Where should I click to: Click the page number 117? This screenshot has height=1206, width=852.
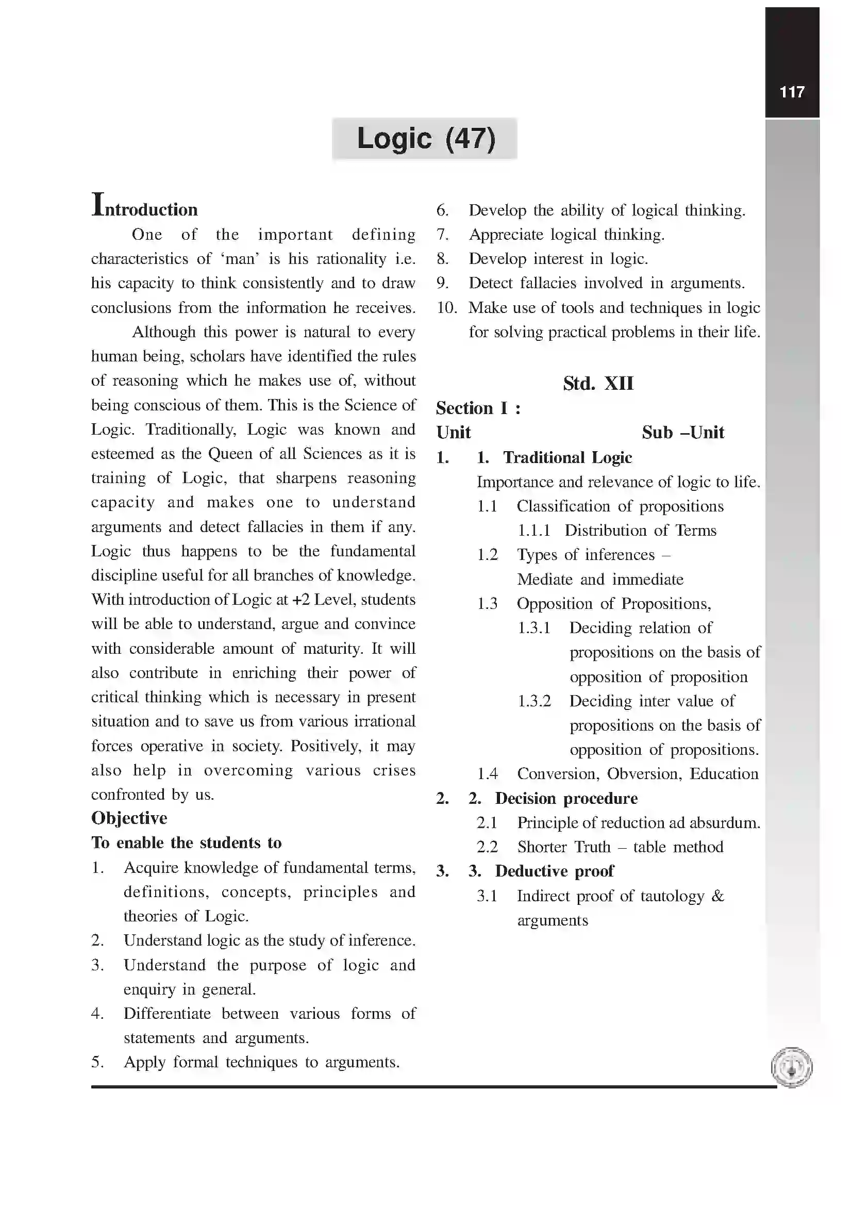792,92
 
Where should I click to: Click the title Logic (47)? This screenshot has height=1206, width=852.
425,139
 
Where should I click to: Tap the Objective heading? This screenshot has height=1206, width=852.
129,818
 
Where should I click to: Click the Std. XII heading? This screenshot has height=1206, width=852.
598,384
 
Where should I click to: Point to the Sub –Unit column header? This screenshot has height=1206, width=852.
682,432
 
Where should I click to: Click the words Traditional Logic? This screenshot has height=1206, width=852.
567,457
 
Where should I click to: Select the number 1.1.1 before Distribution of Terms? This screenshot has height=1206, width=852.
533,531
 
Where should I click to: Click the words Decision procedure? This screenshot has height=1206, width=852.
566,798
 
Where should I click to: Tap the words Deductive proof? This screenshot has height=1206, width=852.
554,871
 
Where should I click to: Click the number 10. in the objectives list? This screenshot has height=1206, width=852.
447,308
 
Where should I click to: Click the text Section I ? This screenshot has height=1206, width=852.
478,408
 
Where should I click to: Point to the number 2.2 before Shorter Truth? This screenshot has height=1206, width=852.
487,847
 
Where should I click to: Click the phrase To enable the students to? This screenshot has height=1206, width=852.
187,843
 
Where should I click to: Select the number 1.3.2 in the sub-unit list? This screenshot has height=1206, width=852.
534,701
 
